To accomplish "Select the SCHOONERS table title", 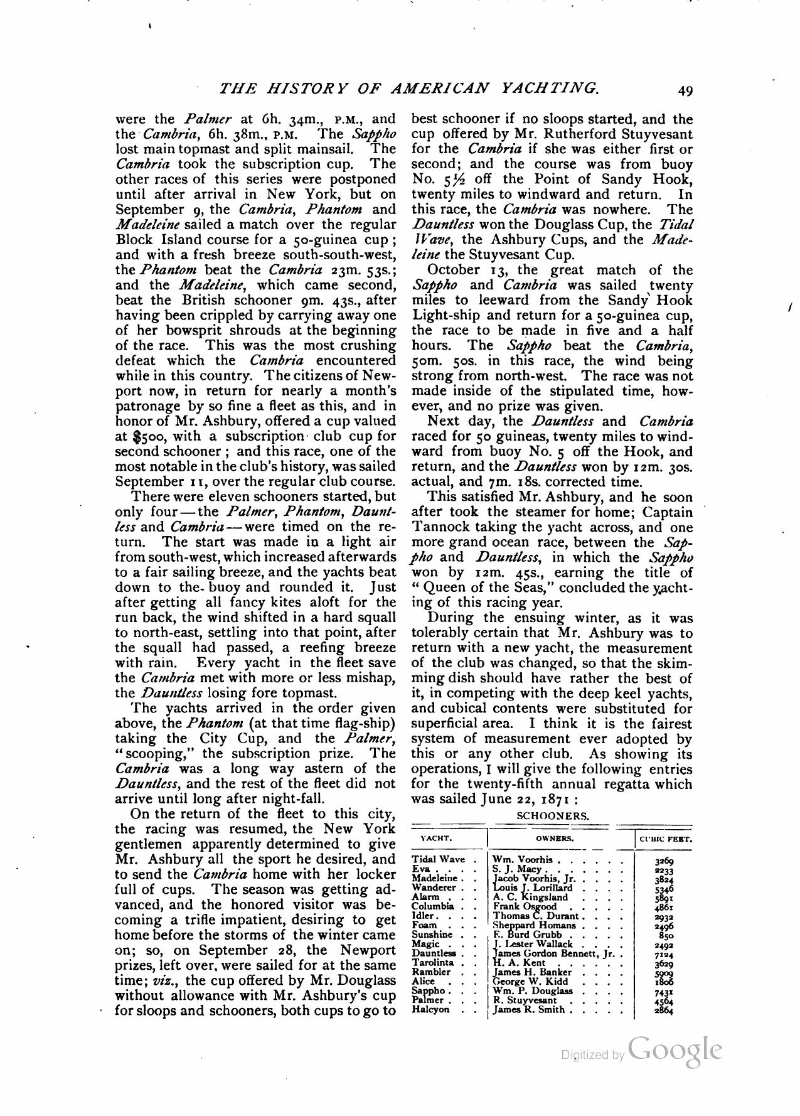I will (552, 817).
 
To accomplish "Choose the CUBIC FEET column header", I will (665, 839).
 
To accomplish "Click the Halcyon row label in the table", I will (431, 1010).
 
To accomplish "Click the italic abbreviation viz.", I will (164, 980).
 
